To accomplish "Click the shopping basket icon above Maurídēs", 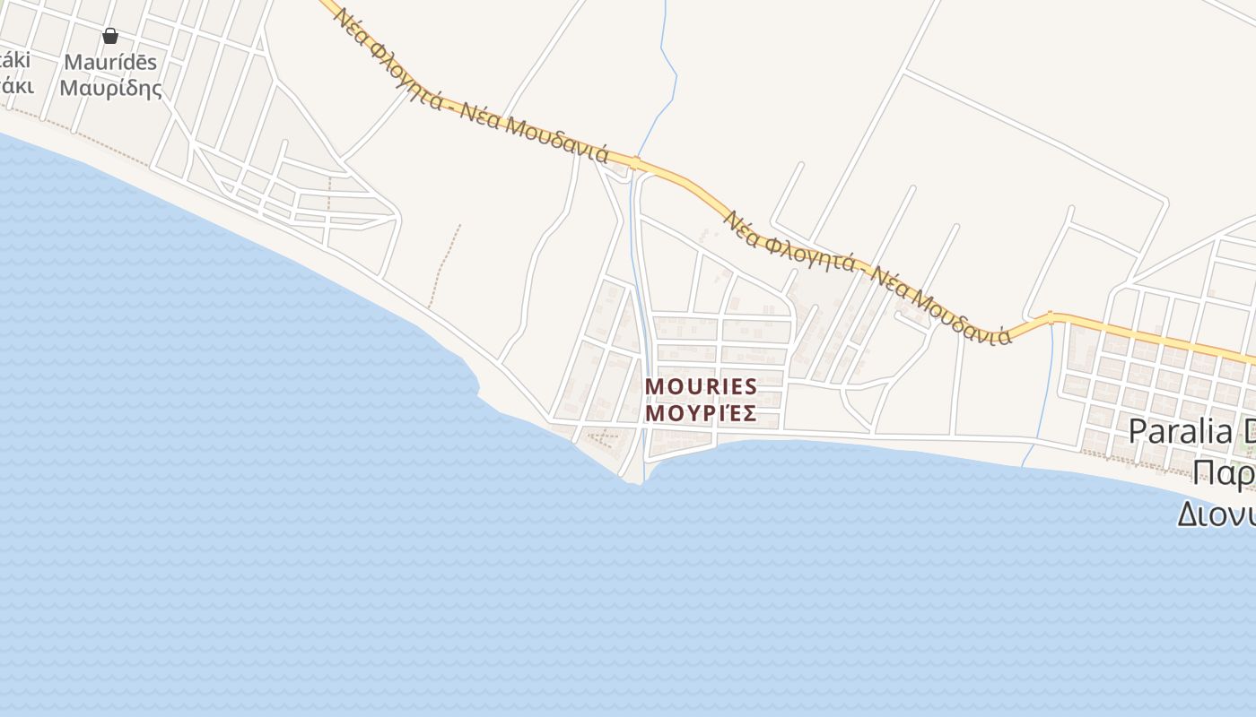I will [110, 36].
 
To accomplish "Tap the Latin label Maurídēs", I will [110, 62].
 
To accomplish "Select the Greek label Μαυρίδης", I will [110, 88].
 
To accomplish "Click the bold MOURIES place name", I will [701, 386].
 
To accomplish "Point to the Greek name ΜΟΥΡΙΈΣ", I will [701, 413].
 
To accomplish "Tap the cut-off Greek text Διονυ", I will [1216, 514].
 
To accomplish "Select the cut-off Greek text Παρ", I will [1224, 472].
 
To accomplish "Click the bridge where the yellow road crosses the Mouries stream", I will [635, 163].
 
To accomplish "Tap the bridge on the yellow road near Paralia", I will [1050, 316].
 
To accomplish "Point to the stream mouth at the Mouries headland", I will [642, 475].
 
